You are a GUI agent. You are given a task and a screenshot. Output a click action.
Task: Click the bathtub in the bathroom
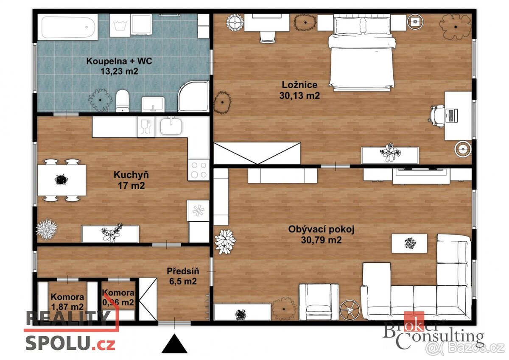(68, 26)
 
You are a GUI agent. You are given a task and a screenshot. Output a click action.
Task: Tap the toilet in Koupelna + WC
(122, 100)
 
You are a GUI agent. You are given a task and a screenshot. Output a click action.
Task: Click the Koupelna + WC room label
(119, 61)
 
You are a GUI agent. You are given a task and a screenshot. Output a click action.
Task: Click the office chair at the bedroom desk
(437, 115)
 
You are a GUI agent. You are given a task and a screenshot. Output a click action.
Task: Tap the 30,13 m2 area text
(299, 96)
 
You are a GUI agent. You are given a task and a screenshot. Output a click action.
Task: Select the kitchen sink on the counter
(172, 126)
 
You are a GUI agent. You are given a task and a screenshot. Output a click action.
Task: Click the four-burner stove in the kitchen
(199, 170)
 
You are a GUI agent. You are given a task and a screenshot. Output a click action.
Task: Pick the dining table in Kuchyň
(62, 180)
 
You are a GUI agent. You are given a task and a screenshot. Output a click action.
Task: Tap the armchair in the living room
(319, 301)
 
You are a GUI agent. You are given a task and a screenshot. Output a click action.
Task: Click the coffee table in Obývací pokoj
(409, 243)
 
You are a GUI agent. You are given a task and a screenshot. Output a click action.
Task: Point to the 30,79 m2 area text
(321, 240)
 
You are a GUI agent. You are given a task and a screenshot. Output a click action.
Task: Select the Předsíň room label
(183, 271)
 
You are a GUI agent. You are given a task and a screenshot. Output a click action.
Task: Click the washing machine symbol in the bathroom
(120, 25)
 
